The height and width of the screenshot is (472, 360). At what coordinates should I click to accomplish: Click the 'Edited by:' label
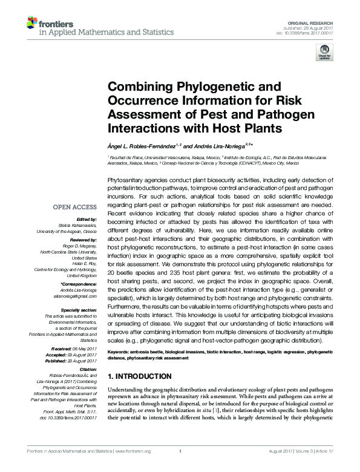click(88, 219)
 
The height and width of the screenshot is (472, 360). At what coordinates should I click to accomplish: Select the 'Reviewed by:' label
click(83, 240)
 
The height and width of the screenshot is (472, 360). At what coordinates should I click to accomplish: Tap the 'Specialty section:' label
click(78, 310)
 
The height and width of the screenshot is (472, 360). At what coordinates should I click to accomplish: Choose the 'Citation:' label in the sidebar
click(88, 368)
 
